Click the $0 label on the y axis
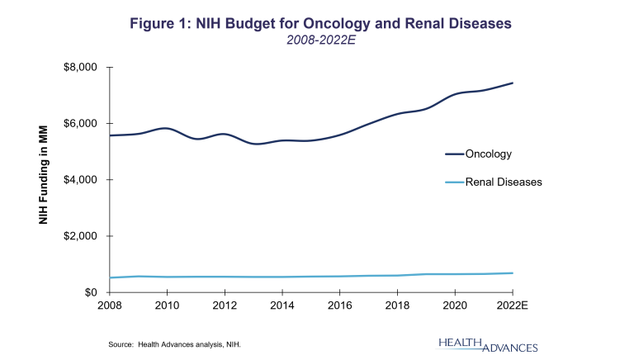pos(92,292)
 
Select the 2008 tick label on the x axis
pos(110,306)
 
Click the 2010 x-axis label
pos(168,306)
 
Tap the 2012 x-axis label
pos(225,306)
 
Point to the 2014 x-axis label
pos(282,306)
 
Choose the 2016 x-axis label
pos(340,306)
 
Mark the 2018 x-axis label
pos(398,306)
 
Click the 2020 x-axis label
pos(456,306)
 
